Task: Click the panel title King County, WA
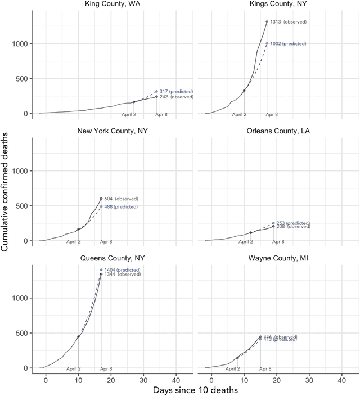(112, 4)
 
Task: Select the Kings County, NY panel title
(278, 4)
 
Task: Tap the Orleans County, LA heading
(278, 131)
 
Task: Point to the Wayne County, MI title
(278, 258)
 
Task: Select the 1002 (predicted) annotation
(288, 43)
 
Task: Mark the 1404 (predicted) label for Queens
(122, 270)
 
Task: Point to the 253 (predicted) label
(293, 223)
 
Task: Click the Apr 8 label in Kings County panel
(272, 115)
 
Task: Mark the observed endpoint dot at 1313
(267, 22)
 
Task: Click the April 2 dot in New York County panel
(78, 229)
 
